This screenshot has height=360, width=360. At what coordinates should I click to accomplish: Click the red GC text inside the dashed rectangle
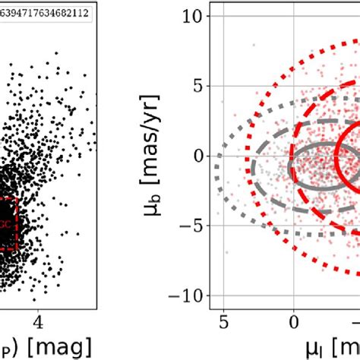[7, 225]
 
